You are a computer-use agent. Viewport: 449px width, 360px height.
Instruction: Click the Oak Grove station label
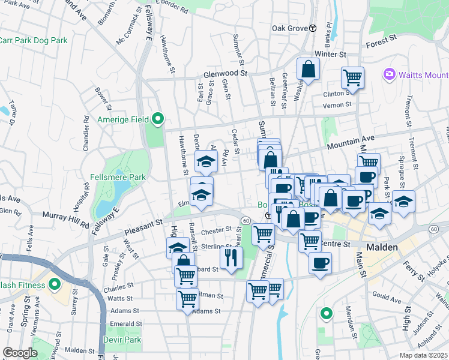290,28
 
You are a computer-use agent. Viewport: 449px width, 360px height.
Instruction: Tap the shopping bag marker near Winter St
308,69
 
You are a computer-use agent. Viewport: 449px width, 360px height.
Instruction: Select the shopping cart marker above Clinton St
352,77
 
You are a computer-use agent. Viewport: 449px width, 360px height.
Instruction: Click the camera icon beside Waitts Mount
389,74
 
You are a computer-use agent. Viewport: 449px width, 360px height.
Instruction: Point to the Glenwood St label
225,73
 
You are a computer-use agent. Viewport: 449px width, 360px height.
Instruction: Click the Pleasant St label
143,227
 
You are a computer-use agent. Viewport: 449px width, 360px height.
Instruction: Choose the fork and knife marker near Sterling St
231,256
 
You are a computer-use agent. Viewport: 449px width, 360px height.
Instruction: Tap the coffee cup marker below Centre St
320,263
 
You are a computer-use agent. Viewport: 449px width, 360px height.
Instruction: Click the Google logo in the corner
20,353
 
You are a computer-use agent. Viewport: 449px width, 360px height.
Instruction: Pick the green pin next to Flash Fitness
55,284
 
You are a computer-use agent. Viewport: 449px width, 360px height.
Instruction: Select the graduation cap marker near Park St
404,203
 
